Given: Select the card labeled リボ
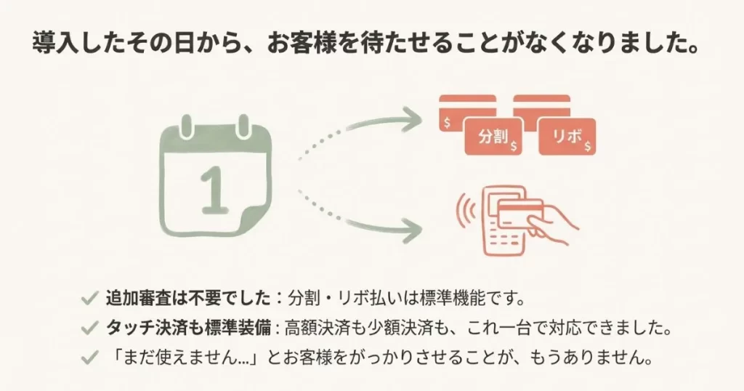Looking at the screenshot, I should (x=567, y=136).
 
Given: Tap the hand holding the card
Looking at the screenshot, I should (x=556, y=222).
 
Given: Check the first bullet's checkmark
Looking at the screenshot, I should (x=90, y=297).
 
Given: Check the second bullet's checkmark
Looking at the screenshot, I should (x=90, y=328).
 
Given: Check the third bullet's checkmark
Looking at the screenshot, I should (x=90, y=358).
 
